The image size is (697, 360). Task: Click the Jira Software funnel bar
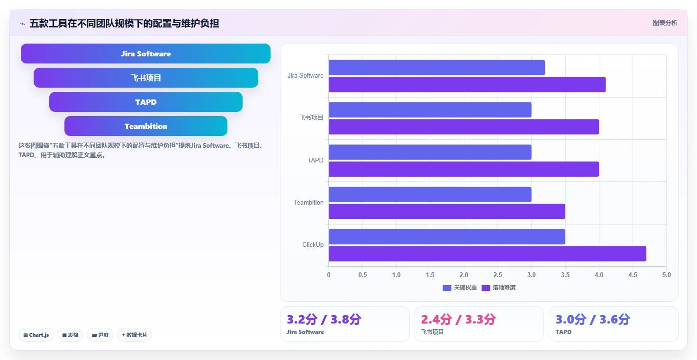coord(145,54)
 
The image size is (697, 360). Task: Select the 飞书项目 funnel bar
coord(145,78)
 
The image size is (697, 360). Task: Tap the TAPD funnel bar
coord(145,102)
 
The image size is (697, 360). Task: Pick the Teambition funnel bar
coord(145,126)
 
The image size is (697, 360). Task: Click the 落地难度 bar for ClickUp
coord(487,253)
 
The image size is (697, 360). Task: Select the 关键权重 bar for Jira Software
coord(437,68)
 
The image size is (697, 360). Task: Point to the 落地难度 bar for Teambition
coord(447,211)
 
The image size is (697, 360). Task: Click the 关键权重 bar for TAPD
coord(430,152)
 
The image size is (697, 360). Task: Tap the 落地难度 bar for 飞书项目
coord(464,126)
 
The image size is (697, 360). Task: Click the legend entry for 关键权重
coord(460,288)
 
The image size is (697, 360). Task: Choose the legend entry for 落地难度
coord(498,288)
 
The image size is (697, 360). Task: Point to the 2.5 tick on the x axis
coord(498,275)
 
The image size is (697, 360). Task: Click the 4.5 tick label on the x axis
coord(633,275)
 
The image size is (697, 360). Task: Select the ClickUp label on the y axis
coord(313,244)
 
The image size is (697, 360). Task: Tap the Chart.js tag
coord(36,335)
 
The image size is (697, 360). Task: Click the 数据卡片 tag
coord(135,335)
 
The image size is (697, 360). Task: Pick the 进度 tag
coord(100,335)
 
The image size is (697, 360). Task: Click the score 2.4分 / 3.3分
coord(458,319)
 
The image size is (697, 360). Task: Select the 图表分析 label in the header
coord(665,23)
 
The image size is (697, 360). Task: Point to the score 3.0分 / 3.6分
coord(593,319)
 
